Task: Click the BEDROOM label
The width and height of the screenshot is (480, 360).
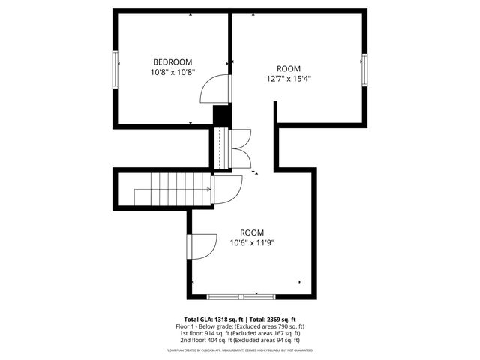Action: pos(172,61)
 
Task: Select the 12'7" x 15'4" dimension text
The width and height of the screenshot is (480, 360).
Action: pos(289,78)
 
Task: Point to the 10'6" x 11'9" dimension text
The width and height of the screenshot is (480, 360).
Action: pos(252,242)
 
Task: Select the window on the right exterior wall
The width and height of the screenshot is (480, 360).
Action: pos(364,72)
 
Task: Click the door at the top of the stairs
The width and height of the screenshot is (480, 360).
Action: pos(226,188)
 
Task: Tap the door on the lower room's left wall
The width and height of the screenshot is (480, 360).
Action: pos(199,245)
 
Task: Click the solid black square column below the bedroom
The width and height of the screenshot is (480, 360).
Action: pos(221,117)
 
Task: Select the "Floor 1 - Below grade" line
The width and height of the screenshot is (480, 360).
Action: pos(240,326)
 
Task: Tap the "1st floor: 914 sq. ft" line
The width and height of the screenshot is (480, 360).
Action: pos(240,333)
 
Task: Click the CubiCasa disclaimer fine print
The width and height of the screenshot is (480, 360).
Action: pos(240,349)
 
